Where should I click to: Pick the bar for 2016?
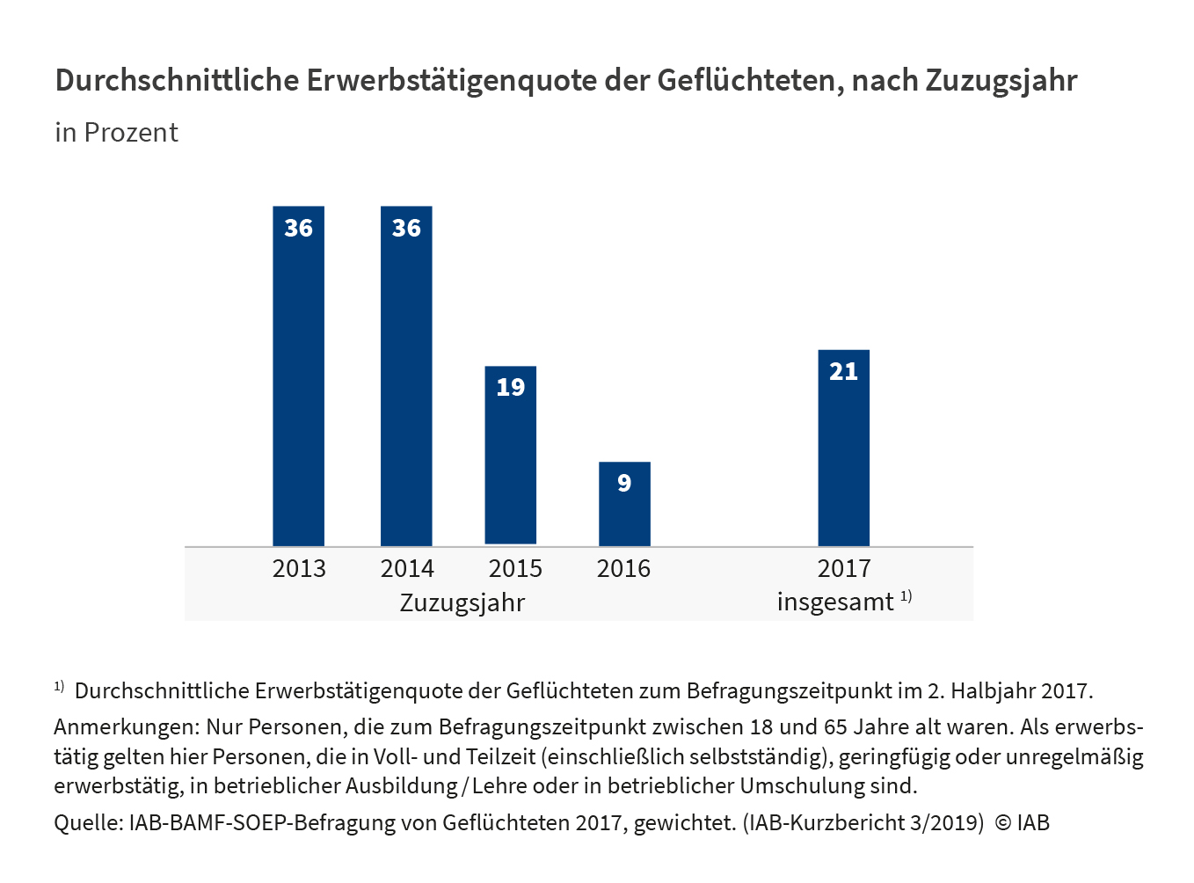point(624,510)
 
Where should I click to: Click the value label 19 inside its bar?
point(511,388)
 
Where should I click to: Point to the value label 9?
point(624,483)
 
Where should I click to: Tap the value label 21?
point(843,371)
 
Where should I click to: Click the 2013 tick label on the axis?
point(299,569)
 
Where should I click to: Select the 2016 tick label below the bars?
point(623,569)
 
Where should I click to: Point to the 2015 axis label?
point(515,569)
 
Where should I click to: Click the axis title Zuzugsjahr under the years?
point(462,603)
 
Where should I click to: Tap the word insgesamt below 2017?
point(834,603)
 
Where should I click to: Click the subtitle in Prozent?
point(116,133)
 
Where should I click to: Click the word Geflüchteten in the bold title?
point(750,81)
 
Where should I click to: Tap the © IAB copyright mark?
point(1023,823)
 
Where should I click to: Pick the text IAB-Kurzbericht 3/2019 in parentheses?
point(863,823)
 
